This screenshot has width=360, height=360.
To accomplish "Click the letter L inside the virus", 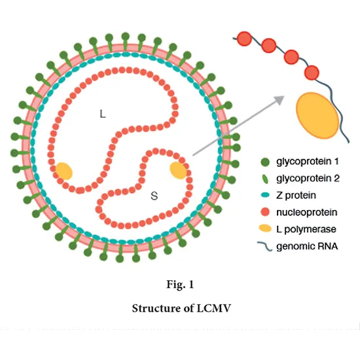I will point(102,114).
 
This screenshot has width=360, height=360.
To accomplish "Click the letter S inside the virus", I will point(154,195).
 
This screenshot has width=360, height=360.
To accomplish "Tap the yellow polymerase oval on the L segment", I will point(64,170).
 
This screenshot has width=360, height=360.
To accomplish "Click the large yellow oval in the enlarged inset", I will point(319,118).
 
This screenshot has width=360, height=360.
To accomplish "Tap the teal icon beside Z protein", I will point(264,196).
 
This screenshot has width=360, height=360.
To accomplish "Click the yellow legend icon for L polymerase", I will point(264,229).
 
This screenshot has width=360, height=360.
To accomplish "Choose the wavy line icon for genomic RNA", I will point(264,246).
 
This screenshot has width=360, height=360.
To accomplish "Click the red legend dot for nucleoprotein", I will point(264,212).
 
